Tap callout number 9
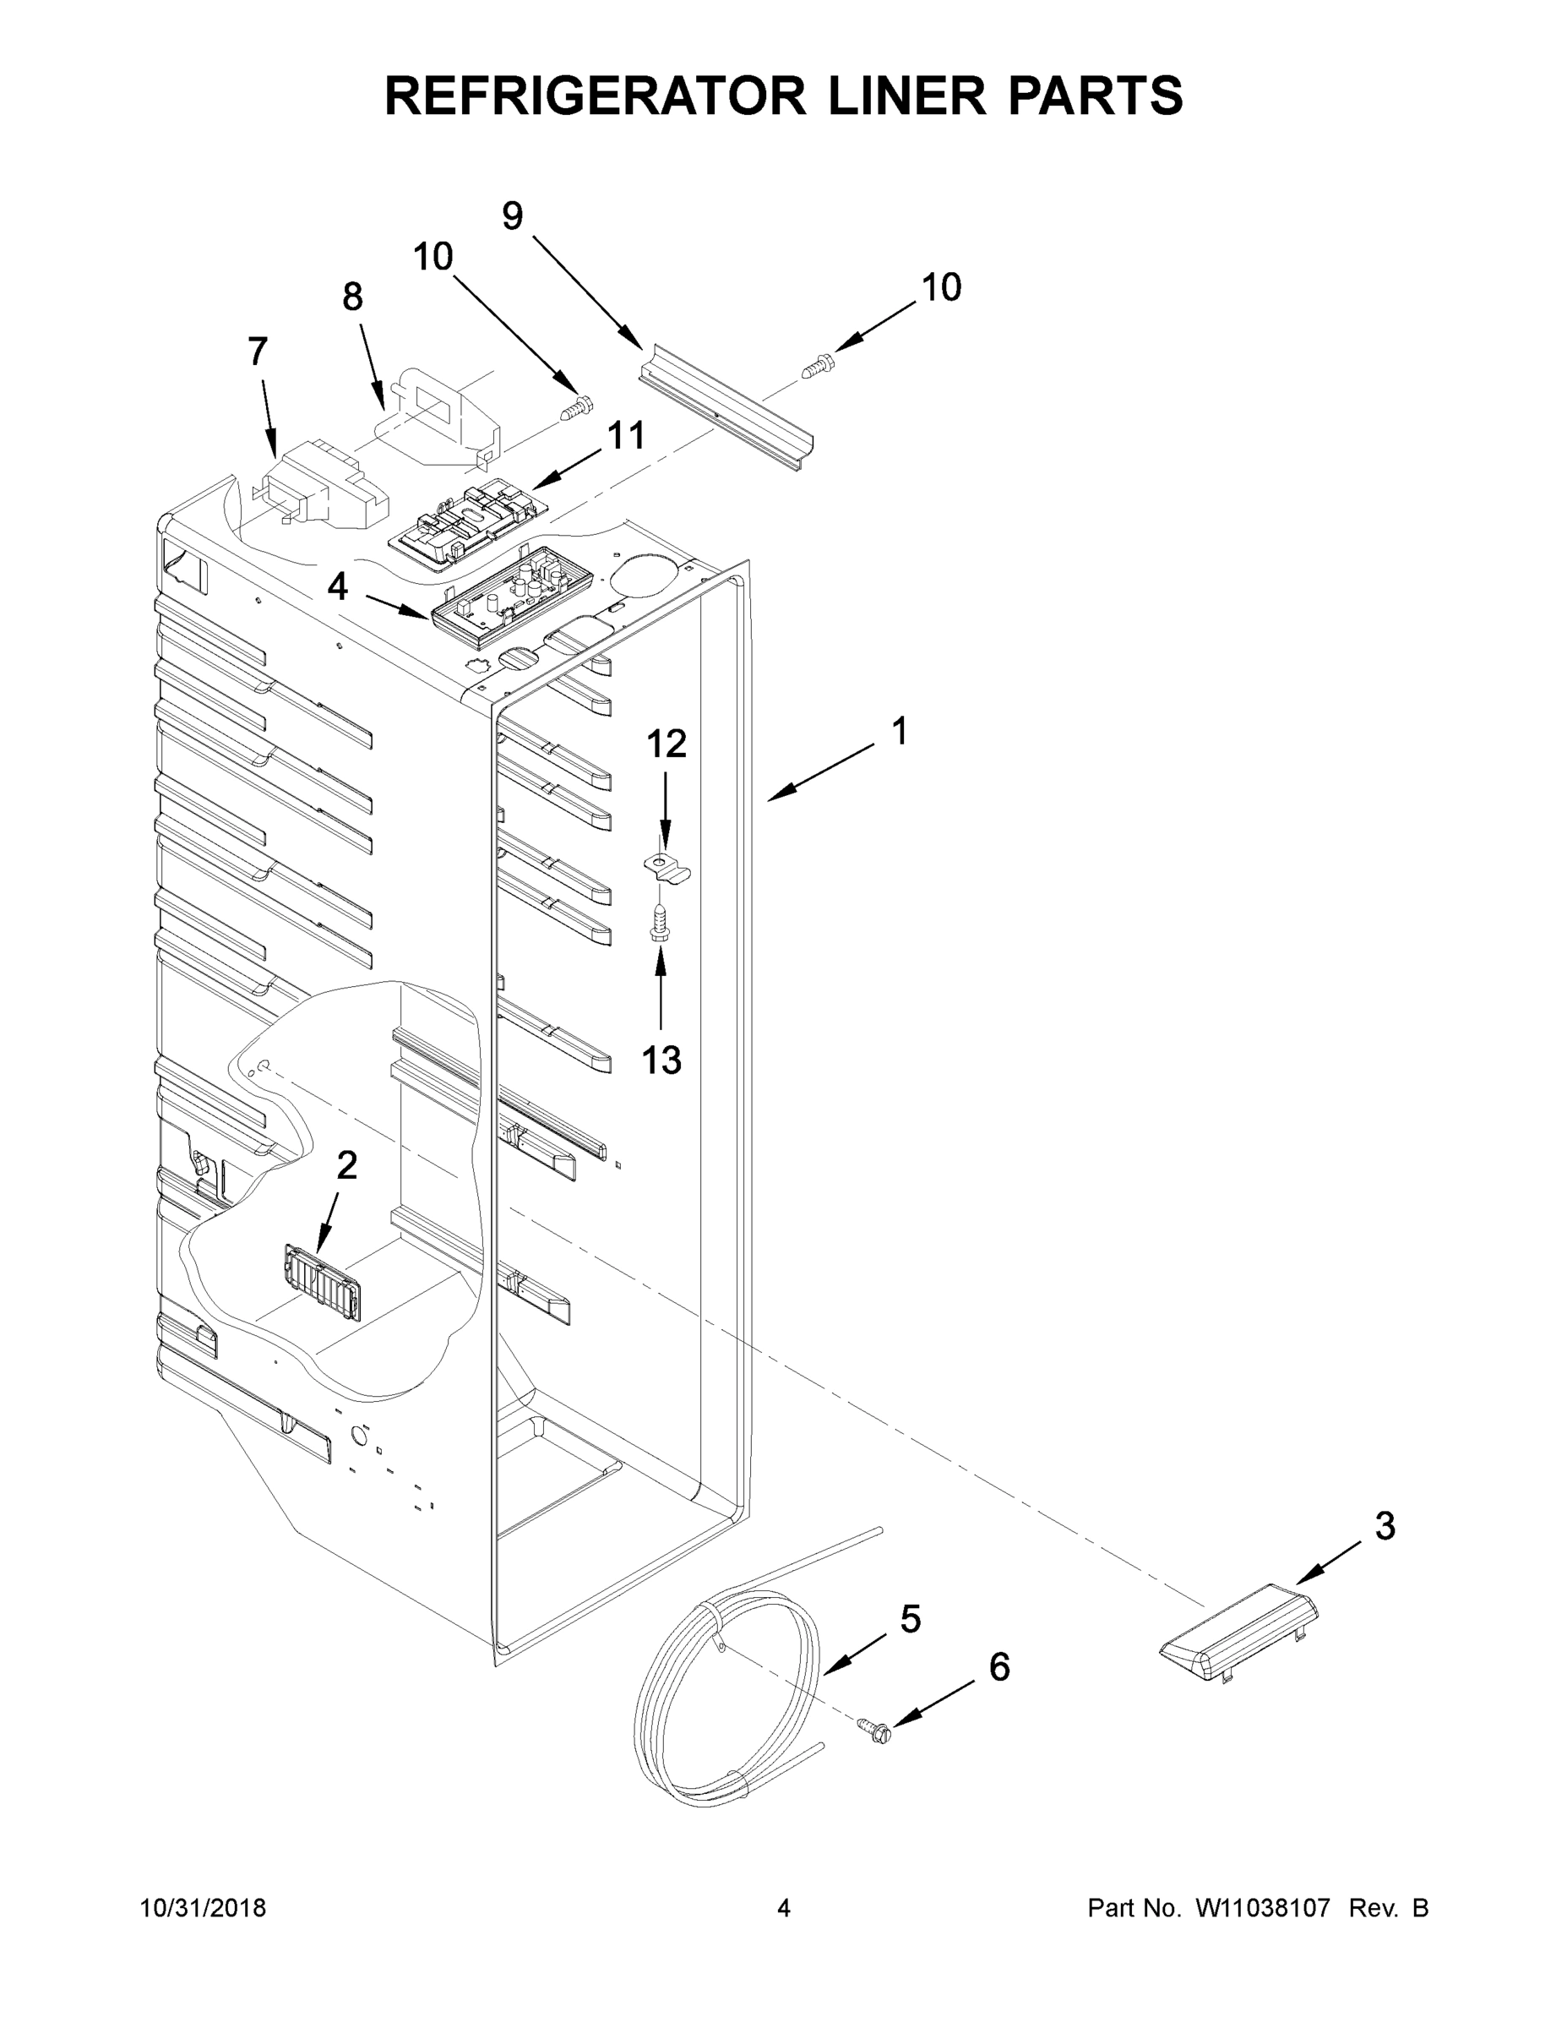point(513,215)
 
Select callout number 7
point(258,352)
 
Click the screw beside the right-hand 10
point(814,368)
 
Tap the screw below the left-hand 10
point(578,409)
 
